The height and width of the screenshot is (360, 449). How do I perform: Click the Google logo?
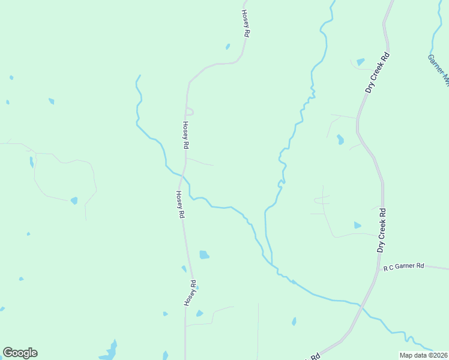[x=20, y=353]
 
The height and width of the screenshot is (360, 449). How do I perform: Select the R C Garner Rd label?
[x=404, y=266]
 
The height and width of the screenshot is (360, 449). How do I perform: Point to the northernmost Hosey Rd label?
[x=245, y=24]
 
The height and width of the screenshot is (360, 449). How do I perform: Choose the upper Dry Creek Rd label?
[x=378, y=73]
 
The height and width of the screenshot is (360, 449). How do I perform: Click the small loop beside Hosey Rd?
[x=189, y=111]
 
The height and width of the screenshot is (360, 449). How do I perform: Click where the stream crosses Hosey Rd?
[x=181, y=174]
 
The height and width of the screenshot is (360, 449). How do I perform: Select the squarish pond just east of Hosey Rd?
[x=204, y=254]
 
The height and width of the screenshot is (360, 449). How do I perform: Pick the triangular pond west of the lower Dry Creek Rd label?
[x=357, y=225]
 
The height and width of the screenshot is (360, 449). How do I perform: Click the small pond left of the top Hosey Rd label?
[x=228, y=46]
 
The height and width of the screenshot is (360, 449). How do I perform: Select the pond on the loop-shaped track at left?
[x=74, y=200]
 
